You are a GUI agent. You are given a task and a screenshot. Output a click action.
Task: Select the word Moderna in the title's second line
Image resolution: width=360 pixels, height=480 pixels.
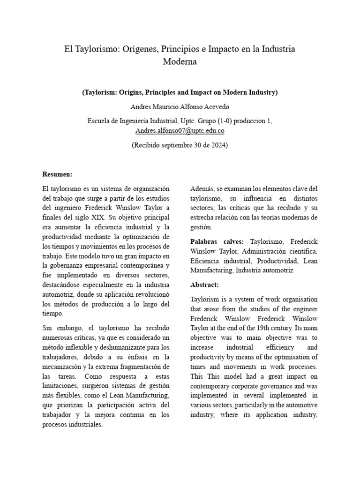click(180, 61)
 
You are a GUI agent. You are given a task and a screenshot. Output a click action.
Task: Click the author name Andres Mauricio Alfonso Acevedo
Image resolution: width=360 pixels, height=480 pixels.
click(180, 106)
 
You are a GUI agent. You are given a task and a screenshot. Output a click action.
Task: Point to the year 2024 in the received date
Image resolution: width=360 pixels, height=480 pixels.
click(219, 145)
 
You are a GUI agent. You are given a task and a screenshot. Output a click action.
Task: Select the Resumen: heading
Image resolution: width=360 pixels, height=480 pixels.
click(57, 174)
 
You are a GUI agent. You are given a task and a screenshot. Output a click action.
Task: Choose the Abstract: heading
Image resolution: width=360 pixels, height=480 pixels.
click(204, 285)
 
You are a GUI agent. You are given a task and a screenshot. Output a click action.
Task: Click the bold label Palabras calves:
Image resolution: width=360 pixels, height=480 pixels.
click(217, 241)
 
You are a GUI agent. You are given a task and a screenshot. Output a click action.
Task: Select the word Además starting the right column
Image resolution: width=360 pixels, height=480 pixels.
click(202, 188)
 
